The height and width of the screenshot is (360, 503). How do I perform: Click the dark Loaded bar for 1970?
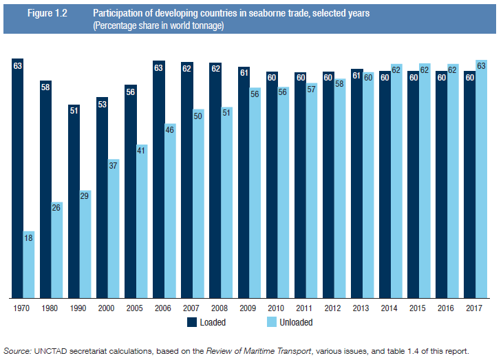pos(18,179)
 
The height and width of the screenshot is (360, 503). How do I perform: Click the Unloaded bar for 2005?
pos(142,221)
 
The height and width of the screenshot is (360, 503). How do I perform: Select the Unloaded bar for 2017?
pos(481,179)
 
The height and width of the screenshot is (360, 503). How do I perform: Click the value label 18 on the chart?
pos(29,237)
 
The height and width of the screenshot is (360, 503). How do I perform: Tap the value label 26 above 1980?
pos(57,207)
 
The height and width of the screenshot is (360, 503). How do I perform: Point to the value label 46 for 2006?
pos(170,129)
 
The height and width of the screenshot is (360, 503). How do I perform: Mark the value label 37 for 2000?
pos(114,165)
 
